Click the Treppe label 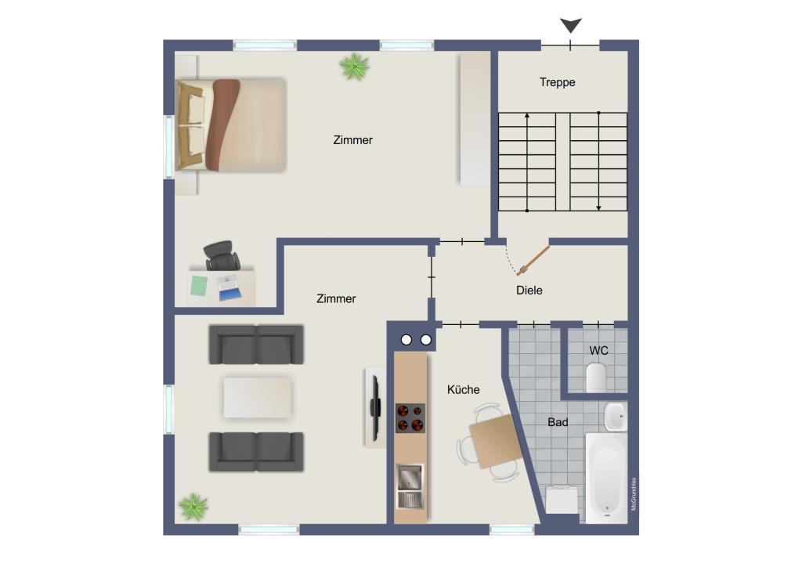pyautogui.click(x=557, y=82)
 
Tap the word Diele pyautogui.click(x=529, y=291)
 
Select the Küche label pyautogui.click(x=464, y=389)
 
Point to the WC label pyautogui.click(x=598, y=351)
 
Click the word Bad pyautogui.click(x=558, y=422)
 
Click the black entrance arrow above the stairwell pyautogui.click(x=571, y=25)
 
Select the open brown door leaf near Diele pyautogui.click(x=533, y=261)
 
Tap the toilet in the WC pyautogui.click(x=596, y=377)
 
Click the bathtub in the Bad pyautogui.click(x=606, y=479)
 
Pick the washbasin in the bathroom pyautogui.click(x=616, y=416)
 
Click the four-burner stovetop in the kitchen pyautogui.click(x=410, y=417)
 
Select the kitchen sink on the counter pyautogui.click(x=410, y=486)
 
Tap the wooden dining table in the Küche pyautogui.click(x=495, y=441)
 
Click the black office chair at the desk pyautogui.click(x=222, y=255)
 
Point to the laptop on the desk pyautogui.click(x=228, y=287)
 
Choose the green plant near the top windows pyautogui.click(x=354, y=67)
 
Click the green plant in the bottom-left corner pyautogui.click(x=193, y=507)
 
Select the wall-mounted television pyautogui.click(x=376, y=407)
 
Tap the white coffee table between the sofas pyautogui.click(x=257, y=397)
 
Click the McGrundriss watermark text pyautogui.click(x=634, y=494)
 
